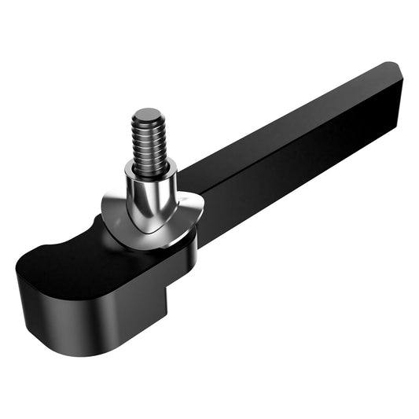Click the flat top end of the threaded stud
click(x=146, y=115)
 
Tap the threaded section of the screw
click(x=149, y=142)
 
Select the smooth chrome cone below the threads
click(x=149, y=200)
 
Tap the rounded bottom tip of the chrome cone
click(x=149, y=230)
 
